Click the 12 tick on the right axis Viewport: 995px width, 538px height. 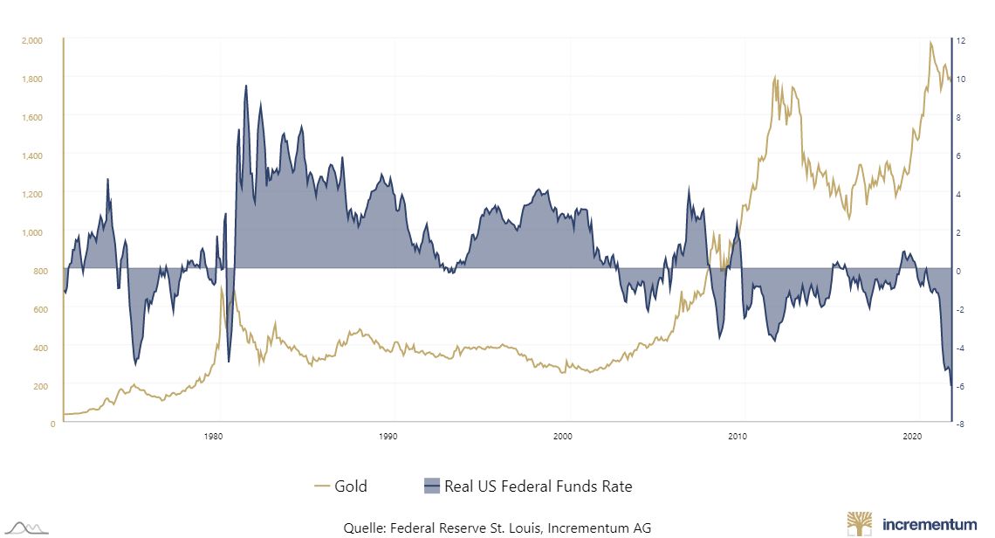(x=960, y=40)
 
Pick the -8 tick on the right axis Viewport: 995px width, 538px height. (x=960, y=424)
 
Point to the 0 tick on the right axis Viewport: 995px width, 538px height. (x=958, y=271)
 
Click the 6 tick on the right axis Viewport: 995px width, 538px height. (x=958, y=155)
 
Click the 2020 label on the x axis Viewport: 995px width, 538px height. (x=912, y=435)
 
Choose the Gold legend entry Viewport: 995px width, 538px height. (x=340, y=486)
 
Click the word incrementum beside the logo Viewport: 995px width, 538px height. (x=930, y=525)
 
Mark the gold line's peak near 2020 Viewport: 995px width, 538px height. (x=930, y=42)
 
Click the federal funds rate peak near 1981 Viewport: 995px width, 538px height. (x=246, y=86)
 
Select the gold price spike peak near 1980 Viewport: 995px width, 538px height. (x=222, y=286)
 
